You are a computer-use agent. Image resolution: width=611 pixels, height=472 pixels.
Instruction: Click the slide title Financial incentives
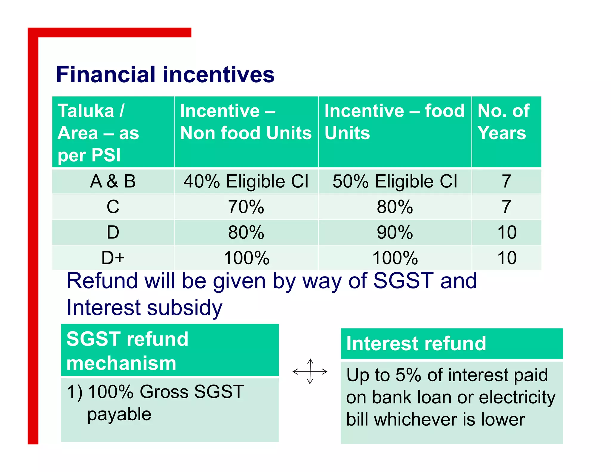click(165, 75)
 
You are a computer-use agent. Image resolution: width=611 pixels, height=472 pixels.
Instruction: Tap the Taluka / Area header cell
click(98, 133)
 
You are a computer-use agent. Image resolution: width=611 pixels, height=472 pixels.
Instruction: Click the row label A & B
click(113, 181)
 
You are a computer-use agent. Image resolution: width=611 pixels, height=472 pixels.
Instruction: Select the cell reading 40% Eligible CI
click(246, 181)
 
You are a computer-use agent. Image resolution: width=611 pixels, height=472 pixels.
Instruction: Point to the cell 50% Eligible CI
click(395, 181)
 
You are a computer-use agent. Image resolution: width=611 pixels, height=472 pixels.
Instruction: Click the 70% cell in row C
click(246, 207)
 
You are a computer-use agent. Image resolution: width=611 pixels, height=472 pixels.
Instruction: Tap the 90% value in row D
click(395, 232)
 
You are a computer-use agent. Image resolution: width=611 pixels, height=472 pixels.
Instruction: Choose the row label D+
click(113, 258)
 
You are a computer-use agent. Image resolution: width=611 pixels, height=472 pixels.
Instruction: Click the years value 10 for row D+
click(507, 258)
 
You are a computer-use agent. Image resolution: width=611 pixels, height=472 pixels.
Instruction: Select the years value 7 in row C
click(506, 207)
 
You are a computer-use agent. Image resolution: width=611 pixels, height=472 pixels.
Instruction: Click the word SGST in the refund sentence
click(403, 281)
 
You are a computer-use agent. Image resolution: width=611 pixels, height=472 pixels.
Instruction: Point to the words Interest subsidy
click(144, 308)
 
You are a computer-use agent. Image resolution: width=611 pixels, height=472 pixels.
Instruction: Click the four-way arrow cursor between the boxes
click(310, 371)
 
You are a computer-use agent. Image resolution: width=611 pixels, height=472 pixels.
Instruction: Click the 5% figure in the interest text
click(408, 375)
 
